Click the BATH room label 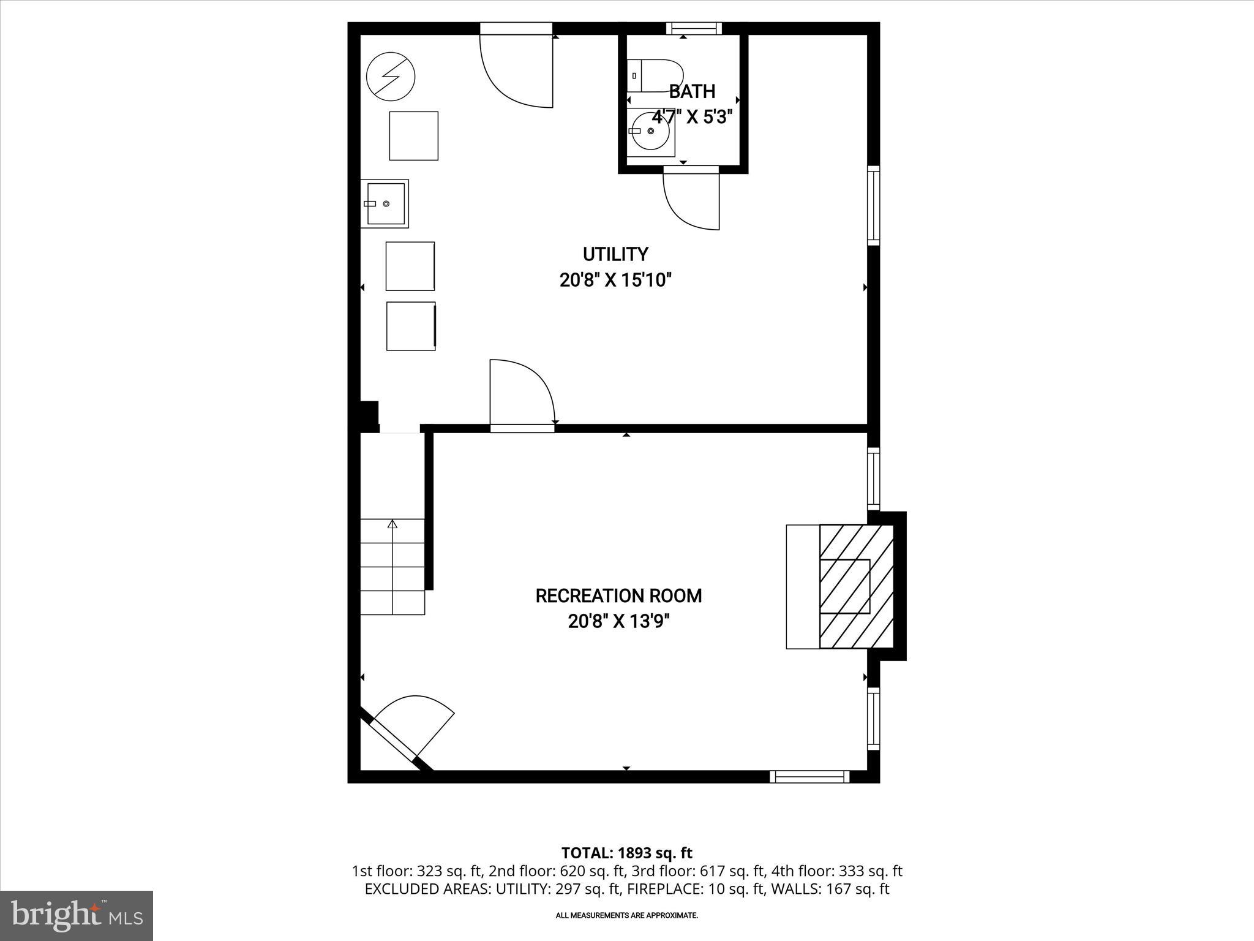(692, 92)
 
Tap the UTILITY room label (615, 254)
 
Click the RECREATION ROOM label (618, 595)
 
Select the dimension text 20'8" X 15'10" (615, 281)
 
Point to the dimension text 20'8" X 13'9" (618, 622)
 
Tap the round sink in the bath (651, 131)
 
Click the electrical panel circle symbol (391, 77)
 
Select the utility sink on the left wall (385, 204)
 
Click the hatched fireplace (856, 586)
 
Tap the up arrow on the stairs (392, 524)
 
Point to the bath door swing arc (689, 202)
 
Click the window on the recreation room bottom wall (809, 777)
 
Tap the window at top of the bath (694, 28)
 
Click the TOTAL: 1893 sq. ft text (626, 853)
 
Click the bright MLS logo (77, 916)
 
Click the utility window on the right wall (874, 205)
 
